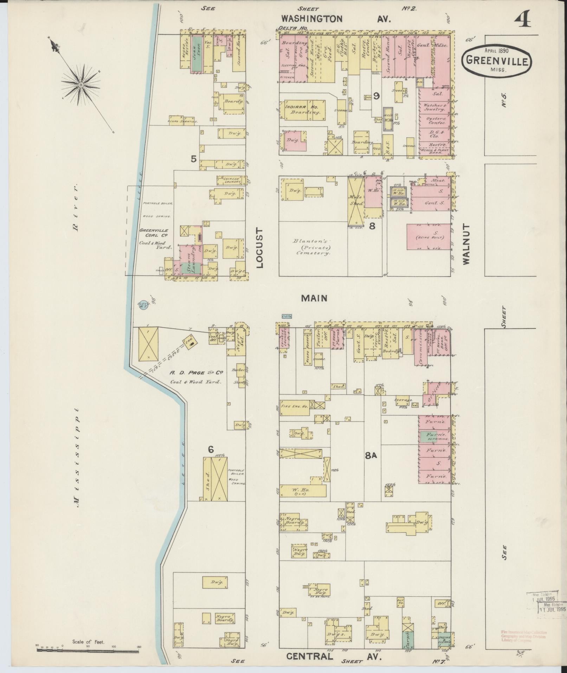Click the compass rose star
81,85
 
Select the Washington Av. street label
336,19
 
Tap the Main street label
314,298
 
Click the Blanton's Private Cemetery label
312,247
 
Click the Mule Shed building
356,201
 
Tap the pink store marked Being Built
429,237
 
